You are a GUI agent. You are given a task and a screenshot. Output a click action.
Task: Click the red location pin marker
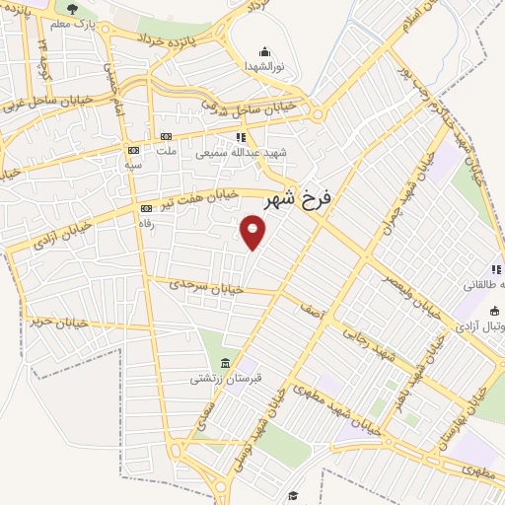[x=253, y=233]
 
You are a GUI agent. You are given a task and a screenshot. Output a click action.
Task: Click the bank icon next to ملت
[x=166, y=137]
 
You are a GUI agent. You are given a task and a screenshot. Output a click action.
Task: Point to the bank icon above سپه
[x=132, y=150]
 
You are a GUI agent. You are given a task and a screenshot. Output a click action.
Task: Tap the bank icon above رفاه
[x=147, y=208]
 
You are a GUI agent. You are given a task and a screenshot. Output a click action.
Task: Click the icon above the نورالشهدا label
[x=263, y=52]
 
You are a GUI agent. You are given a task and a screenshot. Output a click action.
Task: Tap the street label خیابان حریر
[x=59, y=321]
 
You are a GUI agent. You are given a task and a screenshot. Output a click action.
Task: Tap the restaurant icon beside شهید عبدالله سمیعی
[x=239, y=138]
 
